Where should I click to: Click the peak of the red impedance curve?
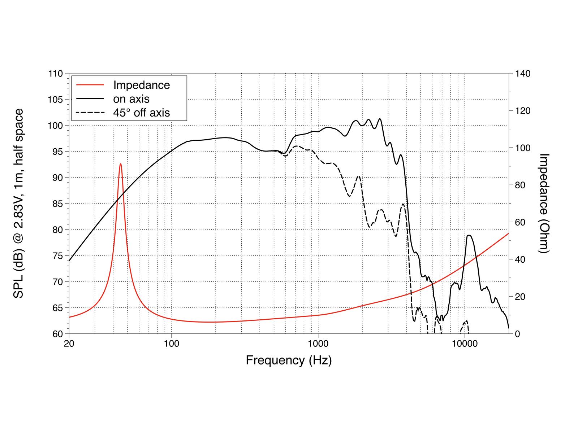coord(121,164)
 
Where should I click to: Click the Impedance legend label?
coord(141,85)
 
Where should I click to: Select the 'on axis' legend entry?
coord(131,99)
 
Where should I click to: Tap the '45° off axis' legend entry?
coord(141,113)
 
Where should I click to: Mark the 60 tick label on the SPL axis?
coord(57,334)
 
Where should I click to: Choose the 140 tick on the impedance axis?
coord(521,74)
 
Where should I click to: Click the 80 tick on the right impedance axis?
coord(519,185)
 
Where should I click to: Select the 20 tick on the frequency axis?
coord(69,343)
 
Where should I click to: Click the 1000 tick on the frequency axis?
coord(318,343)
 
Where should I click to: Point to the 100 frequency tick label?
coord(171,343)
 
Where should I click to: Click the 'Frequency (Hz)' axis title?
coord(289,360)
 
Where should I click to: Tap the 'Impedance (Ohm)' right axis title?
coord(544,204)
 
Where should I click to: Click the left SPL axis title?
coord(19,204)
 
